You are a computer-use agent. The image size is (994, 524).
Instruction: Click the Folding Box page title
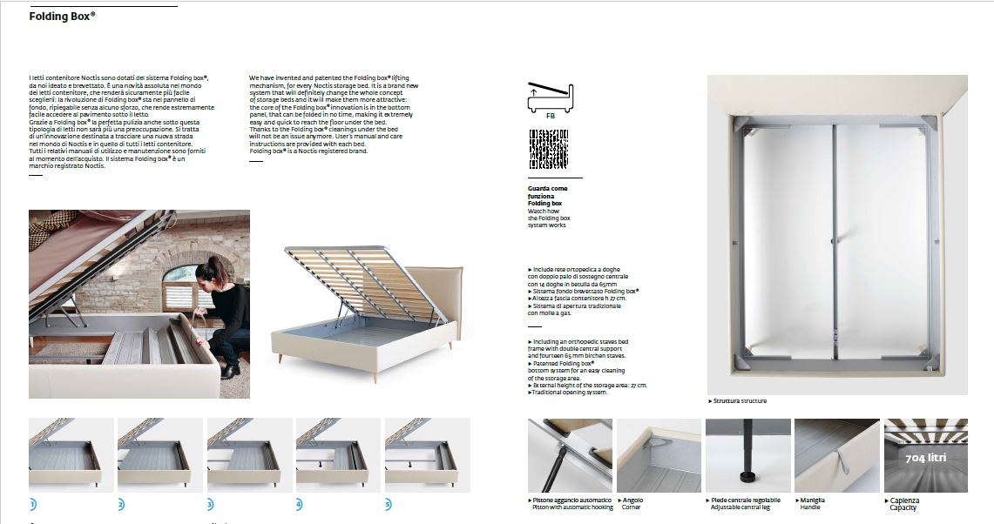point(62,16)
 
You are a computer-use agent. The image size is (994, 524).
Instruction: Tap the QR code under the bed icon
point(549,149)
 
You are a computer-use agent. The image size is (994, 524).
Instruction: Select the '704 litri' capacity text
point(925,458)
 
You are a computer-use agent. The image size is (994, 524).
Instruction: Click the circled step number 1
point(32,504)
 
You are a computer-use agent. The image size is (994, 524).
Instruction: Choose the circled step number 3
point(210,504)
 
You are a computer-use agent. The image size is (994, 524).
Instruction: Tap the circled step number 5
point(389,504)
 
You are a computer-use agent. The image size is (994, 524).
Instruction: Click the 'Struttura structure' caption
point(738,401)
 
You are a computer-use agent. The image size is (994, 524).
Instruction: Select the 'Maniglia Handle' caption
point(811,504)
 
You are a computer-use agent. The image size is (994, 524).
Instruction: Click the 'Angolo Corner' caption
point(633,504)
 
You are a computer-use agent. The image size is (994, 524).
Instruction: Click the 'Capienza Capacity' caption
point(904,504)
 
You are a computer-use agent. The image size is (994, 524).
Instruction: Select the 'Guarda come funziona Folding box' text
point(548,196)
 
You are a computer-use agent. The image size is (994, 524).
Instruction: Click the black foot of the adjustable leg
point(747,478)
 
